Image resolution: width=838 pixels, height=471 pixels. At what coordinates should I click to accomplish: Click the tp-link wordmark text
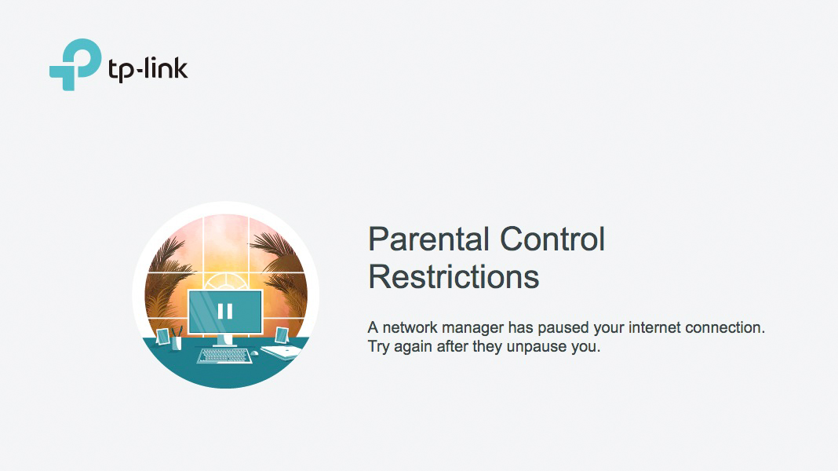click(148, 69)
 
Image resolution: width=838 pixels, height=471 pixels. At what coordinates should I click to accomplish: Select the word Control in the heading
click(552, 239)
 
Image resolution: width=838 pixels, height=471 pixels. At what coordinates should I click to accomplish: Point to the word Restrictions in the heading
click(454, 277)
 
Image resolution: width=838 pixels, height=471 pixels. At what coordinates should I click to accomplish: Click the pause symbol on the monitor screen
click(225, 311)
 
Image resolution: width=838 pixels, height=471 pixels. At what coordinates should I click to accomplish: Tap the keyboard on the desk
click(224, 356)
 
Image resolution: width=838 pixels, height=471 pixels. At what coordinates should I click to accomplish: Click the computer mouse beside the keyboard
click(255, 352)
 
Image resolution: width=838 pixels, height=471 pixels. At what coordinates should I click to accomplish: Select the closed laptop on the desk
click(282, 352)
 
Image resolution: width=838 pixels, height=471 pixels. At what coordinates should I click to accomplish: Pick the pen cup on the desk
click(176, 342)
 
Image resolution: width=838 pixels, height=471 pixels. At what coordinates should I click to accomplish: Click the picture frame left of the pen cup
click(162, 337)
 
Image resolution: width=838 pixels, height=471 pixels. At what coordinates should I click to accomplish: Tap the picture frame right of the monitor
click(281, 335)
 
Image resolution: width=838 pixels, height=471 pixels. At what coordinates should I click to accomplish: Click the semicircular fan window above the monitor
click(225, 281)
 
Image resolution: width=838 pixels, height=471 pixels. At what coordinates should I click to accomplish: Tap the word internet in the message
click(654, 327)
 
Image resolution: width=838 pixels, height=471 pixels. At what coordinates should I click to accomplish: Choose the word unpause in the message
click(537, 347)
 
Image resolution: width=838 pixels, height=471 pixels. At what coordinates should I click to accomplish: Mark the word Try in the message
click(379, 347)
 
